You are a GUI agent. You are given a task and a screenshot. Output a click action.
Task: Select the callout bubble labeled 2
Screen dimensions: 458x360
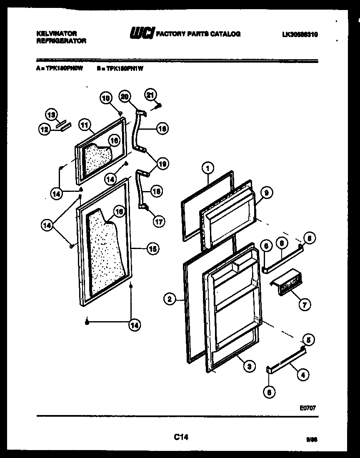(x=169, y=299)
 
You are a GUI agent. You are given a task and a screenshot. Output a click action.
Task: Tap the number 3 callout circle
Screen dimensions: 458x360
(x=249, y=367)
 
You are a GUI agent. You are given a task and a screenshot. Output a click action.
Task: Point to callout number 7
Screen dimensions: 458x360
(x=304, y=305)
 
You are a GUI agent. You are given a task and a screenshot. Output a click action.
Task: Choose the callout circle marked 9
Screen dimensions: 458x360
(x=267, y=193)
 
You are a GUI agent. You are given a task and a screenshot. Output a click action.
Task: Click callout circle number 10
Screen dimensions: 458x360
(x=105, y=98)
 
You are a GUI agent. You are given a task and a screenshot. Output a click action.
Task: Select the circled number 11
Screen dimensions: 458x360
(x=85, y=124)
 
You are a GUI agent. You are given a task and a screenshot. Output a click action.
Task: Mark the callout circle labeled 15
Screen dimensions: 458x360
(x=152, y=249)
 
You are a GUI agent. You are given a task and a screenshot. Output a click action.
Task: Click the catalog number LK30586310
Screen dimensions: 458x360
(x=299, y=35)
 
